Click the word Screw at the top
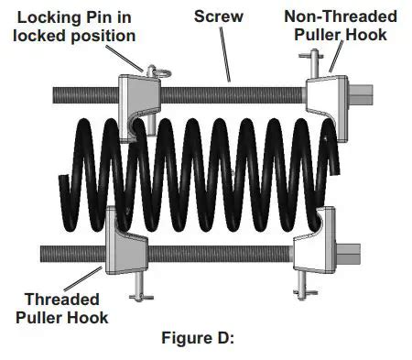pyautogui.click(x=215, y=16)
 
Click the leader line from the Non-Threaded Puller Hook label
pyautogui.click(x=333, y=62)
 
